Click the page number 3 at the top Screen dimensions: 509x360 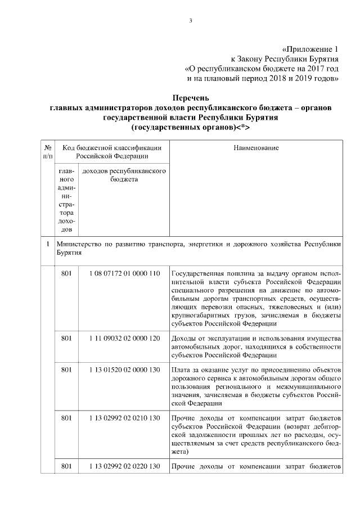190,21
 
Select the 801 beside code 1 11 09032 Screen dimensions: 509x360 67,338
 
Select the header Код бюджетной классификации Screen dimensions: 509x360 112,148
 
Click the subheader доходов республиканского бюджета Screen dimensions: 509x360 123,175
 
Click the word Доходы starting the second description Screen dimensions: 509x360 184,338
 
